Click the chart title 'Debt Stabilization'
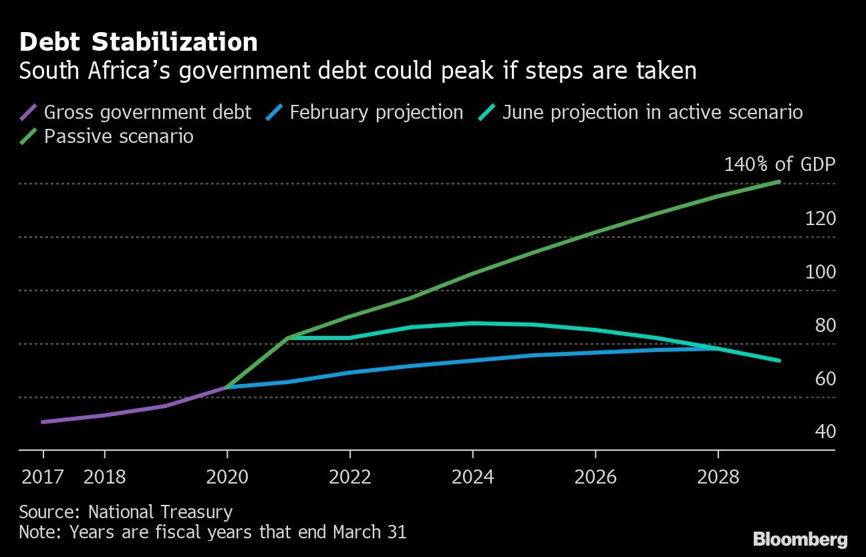(x=138, y=42)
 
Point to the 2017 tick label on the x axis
(x=43, y=477)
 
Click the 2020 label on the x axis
(x=227, y=477)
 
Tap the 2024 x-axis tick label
(x=472, y=477)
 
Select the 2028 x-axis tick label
(x=718, y=477)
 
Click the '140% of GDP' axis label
(x=780, y=164)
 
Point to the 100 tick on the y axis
(x=821, y=272)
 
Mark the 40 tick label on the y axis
(x=825, y=431)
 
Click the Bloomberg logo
(x=800, y=539)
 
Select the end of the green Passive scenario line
(x=779, y=182)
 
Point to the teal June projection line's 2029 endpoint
(x=779, y=361)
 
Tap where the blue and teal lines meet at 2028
(x=718, y=348)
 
